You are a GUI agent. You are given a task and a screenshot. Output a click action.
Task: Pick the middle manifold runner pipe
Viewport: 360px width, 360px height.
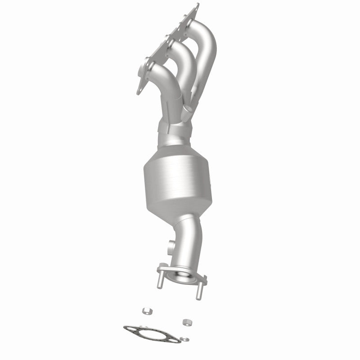[x=180, y=58]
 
